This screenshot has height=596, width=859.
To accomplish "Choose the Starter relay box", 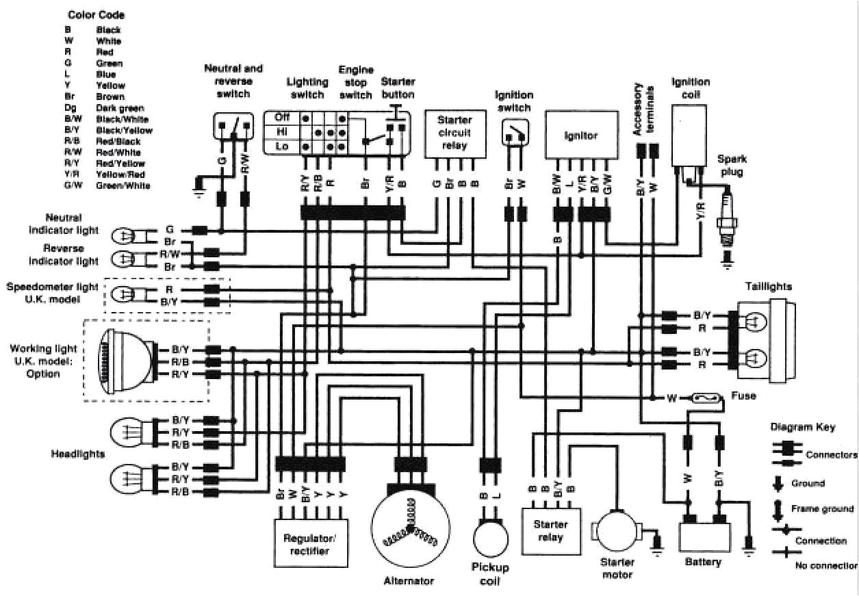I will (x=550, y=531).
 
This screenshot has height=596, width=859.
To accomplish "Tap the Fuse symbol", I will (x=706, y=397).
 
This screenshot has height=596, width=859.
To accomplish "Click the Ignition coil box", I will (x=690, y=137).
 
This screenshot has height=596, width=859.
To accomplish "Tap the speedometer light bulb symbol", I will (x=123, y=295).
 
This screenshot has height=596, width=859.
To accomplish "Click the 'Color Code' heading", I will (x=96, y=14).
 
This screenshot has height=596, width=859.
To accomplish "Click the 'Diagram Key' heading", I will (x=802, y=427).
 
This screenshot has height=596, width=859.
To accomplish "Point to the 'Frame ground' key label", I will (x=821, y=508).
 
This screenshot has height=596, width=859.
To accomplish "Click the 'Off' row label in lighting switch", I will (x=282, y=117).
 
